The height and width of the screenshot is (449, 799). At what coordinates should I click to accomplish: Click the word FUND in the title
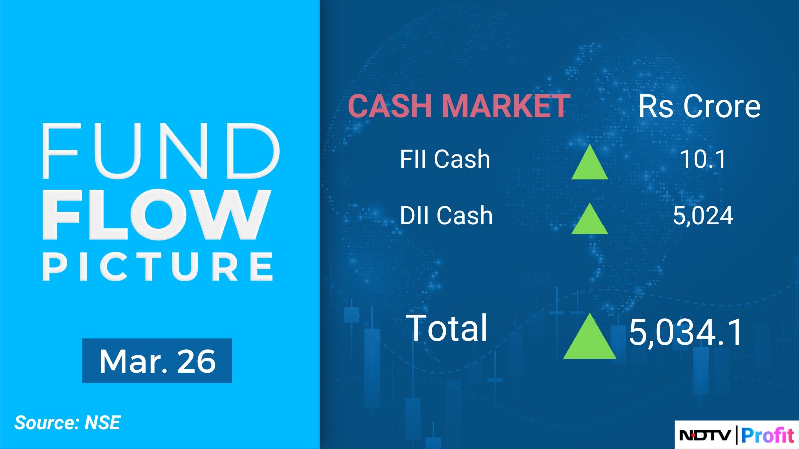(161, 151)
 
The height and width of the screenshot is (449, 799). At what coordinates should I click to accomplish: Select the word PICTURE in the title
(158, 267)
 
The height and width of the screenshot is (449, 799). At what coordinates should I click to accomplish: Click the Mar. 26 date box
(157, 361)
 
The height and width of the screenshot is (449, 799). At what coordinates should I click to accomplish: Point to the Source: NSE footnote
(68, 423)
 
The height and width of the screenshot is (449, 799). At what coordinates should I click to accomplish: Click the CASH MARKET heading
(459, 106)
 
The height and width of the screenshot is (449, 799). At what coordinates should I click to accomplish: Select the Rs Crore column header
(699, 106)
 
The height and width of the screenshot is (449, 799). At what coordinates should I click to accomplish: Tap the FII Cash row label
(445, 159)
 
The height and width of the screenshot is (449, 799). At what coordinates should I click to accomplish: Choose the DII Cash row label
(446, 215)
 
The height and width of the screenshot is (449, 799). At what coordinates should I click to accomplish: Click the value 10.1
(703, 159)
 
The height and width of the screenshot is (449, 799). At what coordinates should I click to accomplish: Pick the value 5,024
(703, 216)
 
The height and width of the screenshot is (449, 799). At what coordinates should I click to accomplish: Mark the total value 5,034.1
(685, 332)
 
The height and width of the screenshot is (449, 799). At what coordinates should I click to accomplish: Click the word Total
(446, 328)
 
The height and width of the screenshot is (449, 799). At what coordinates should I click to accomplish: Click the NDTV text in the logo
(705, 435)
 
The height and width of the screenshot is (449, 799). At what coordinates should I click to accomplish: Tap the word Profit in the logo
(767, 435)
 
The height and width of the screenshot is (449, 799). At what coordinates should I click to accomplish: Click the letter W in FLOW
(234, 215)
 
